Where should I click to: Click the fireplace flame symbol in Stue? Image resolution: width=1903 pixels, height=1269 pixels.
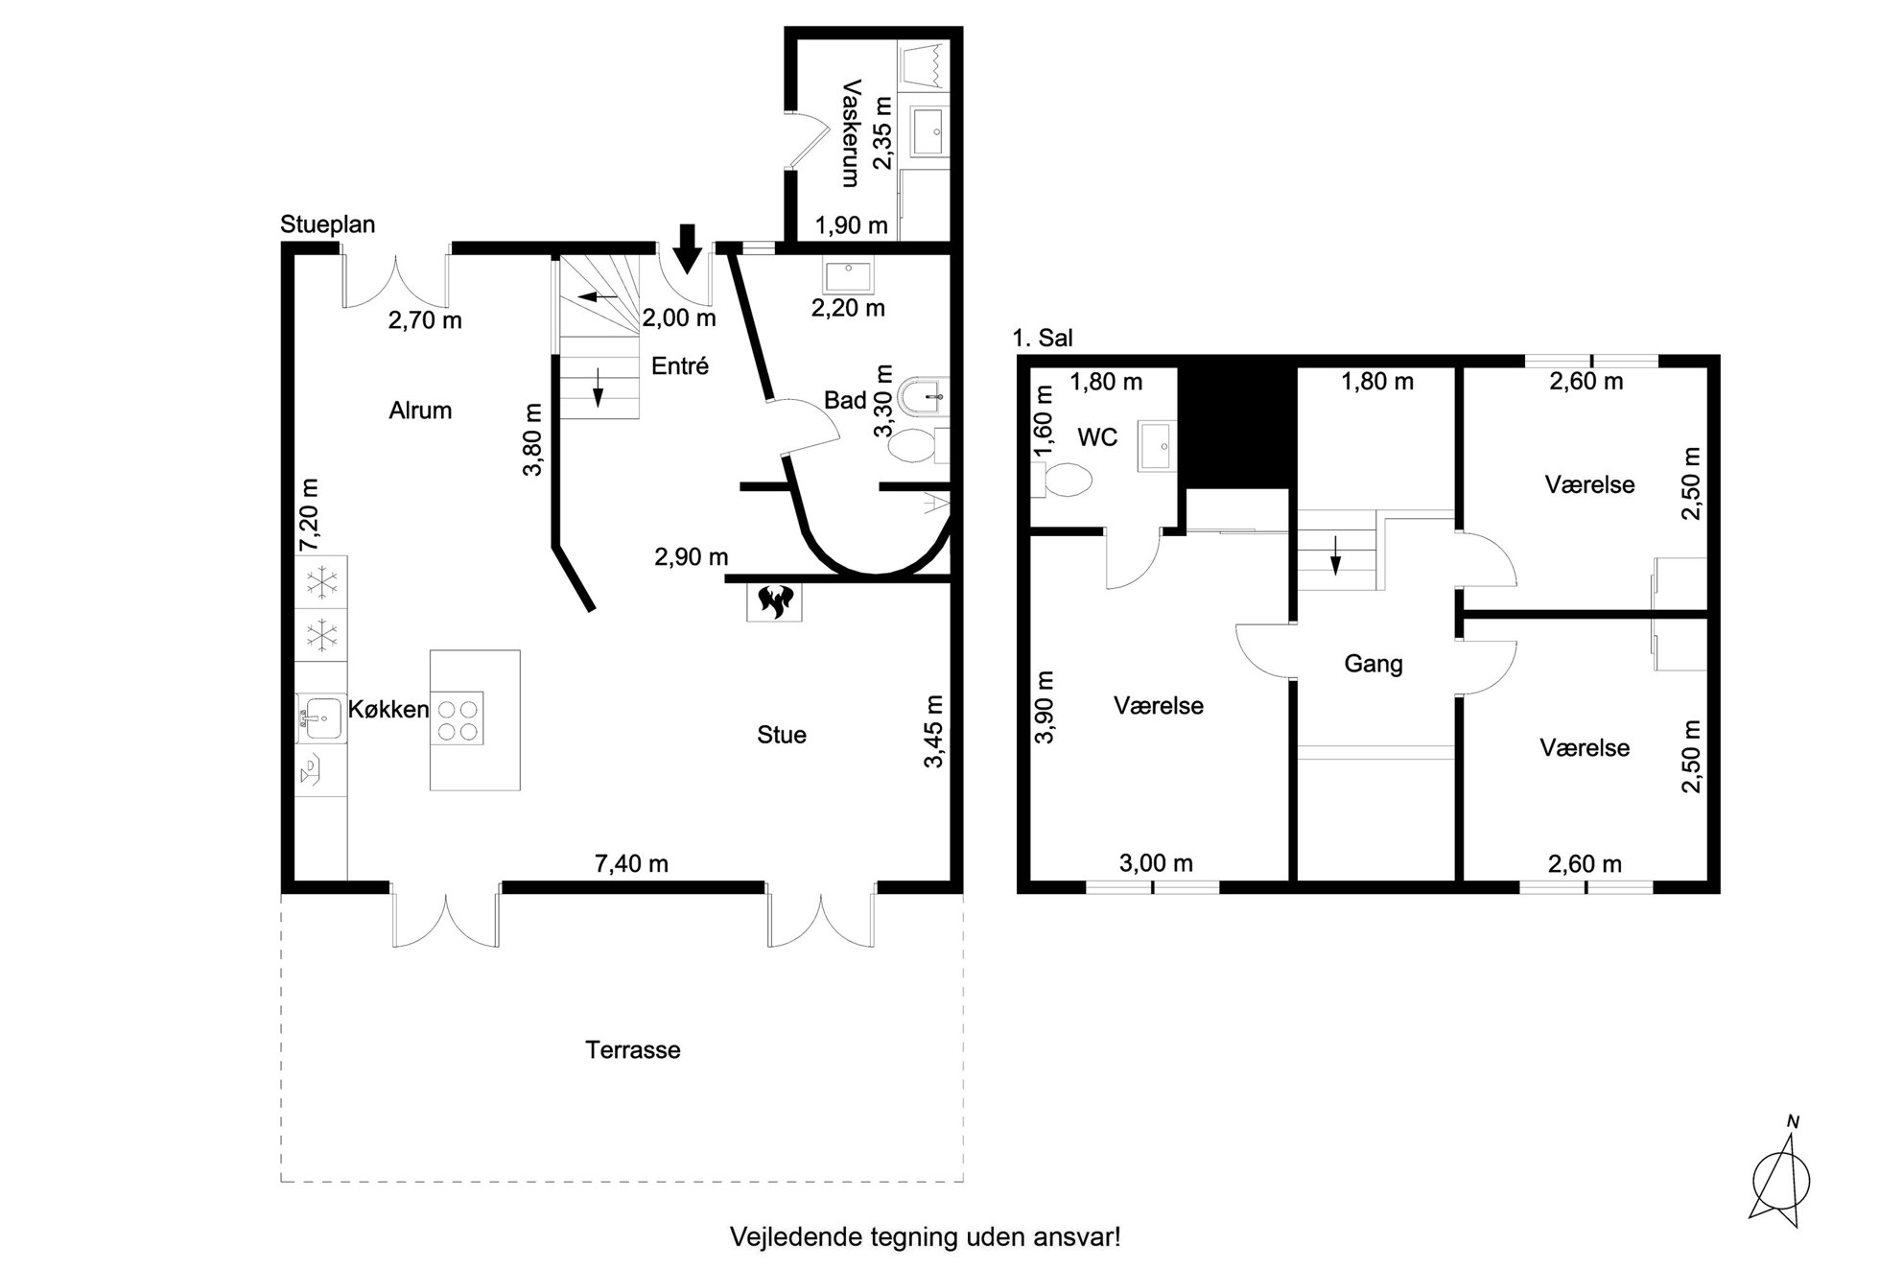[x=774, y=601]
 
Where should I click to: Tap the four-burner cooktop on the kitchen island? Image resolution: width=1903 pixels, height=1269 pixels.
[x=457, y=718]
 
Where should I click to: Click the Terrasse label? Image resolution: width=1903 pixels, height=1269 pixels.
[x=633, y=1049]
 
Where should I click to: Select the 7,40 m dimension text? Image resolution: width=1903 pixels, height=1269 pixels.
[x=631, y=863]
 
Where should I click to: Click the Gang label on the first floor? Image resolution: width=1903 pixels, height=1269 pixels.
[x=1374, y=664]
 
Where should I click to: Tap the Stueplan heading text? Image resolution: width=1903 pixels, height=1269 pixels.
[x=328, y=224]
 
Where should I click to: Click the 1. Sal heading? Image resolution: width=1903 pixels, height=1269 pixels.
[x=1043, y=338]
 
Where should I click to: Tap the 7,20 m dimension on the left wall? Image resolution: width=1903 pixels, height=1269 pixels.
[x=309, y=515]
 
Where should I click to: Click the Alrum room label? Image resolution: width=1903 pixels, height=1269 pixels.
[x=420, y=411]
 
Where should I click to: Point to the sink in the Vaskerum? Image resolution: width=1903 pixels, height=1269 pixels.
[x=927, y=130]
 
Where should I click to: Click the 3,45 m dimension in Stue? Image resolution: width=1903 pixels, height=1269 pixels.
[x=934, y=733]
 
